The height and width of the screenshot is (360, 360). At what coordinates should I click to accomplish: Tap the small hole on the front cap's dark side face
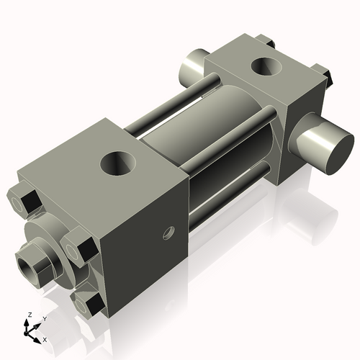(168, 233)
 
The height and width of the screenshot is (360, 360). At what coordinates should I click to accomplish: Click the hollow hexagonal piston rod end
(36, 264)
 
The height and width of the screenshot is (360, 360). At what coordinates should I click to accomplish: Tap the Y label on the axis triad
(44, 318)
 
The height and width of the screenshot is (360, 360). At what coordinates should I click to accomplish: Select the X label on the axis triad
(45, 338)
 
